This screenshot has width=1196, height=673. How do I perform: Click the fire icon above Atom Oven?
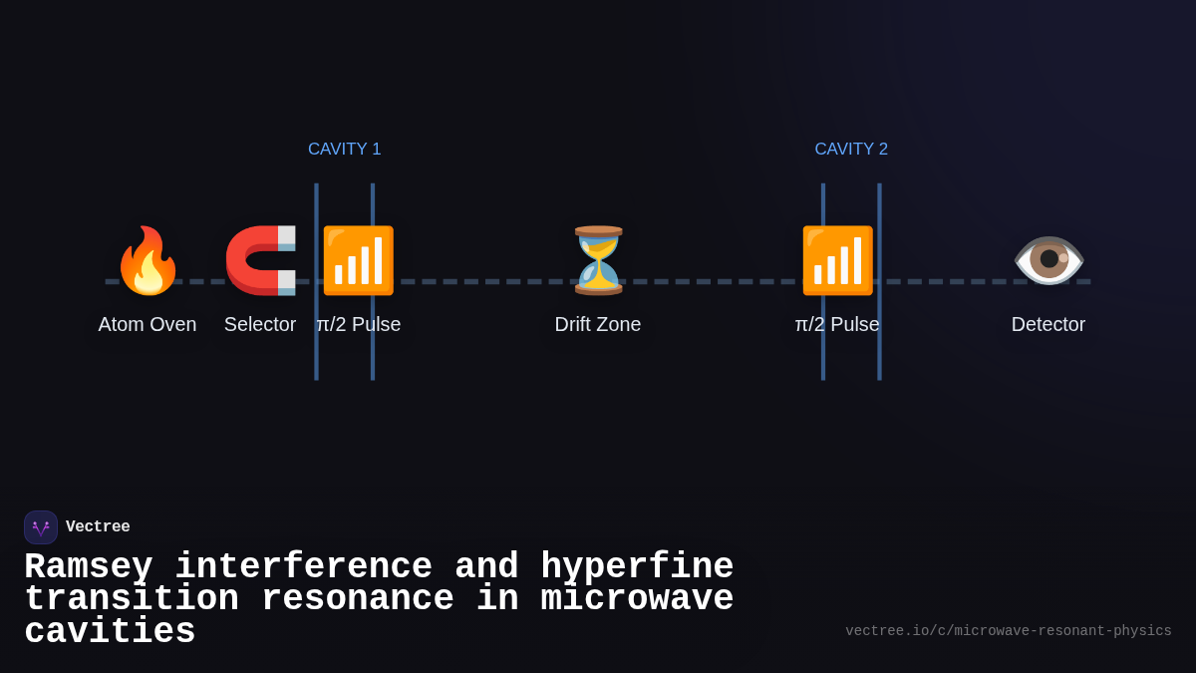tap(148, 261)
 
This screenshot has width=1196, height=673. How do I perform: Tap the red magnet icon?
tap(260, 261)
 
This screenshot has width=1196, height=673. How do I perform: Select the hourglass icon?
tap(598, 260)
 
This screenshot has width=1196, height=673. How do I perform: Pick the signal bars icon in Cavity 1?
tap(358, 261)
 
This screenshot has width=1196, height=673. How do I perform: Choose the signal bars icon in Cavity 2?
tap(837, 261)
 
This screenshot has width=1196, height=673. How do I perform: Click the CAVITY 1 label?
tap(345, 150)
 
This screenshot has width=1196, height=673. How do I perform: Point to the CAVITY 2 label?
tap(851, 150)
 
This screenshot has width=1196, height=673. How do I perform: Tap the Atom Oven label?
tap(148, 324)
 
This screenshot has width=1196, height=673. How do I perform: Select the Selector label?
tap(260, 324)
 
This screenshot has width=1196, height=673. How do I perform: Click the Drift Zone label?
tap(598, 324)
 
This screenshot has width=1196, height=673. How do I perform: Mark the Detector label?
tap(1048, 324)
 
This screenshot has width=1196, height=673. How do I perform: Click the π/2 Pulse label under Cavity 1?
tap(359, 324)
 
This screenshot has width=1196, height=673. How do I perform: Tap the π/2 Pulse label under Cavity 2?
tap(837, 324)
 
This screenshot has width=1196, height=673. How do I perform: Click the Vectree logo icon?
tap(41, 527)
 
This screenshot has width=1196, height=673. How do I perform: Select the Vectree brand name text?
tap(98, 527)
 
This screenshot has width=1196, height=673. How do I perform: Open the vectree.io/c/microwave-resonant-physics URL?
tap(1008, 631)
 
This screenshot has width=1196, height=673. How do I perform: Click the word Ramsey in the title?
tap(88, 567)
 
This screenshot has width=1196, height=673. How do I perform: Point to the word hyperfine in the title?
tap(637, 567)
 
